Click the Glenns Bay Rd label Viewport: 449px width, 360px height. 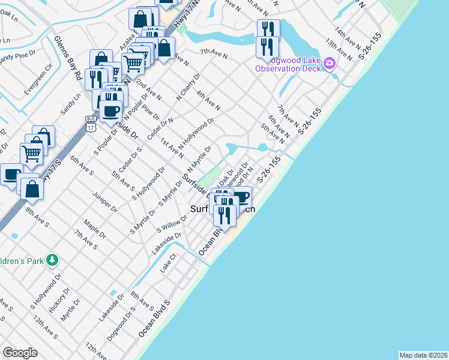[x=66, y=58]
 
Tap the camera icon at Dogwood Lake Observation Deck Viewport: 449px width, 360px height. [x=329, y=64]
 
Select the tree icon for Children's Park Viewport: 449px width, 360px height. [x=53, y=260]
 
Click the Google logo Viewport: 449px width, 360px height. [x=20, y=353]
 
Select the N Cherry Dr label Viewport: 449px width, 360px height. [x=187, y=88]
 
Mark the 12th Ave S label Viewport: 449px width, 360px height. [x=96, y=349]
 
